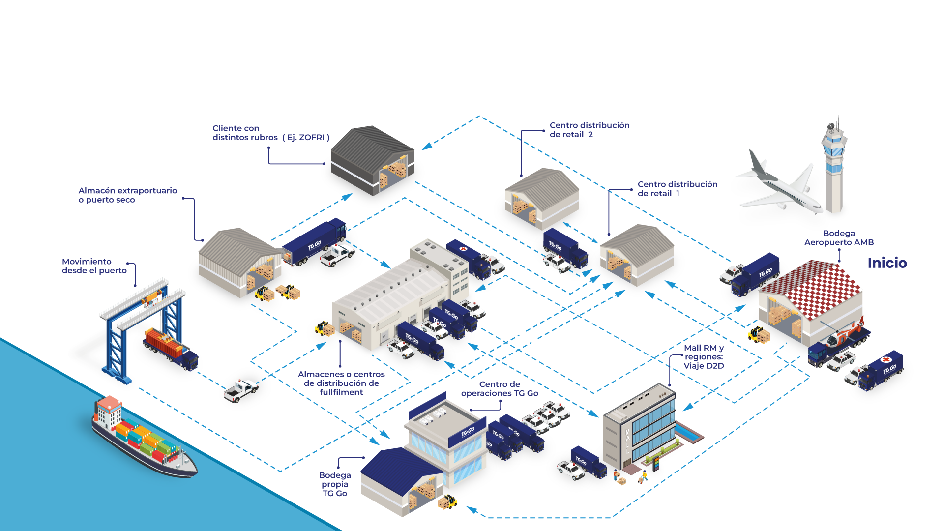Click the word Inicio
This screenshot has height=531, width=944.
coord(887,263)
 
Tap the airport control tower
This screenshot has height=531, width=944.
coord(834,167)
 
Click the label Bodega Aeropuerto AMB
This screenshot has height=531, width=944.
coord(839,238)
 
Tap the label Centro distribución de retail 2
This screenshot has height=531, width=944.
coord(589,130)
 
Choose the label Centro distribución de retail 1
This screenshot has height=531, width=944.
coord(677,189)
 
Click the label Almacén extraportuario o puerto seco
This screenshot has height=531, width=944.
coord(127,195)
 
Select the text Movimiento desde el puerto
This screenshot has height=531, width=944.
coord(94,266)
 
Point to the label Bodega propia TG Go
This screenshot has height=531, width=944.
coord(335,484)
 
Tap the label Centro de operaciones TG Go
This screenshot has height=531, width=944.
coord(500,389)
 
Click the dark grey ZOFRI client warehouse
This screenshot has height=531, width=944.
coord(372,160)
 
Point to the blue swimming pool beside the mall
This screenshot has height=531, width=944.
coord(688,433)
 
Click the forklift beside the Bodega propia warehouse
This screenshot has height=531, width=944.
coord(447,502)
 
